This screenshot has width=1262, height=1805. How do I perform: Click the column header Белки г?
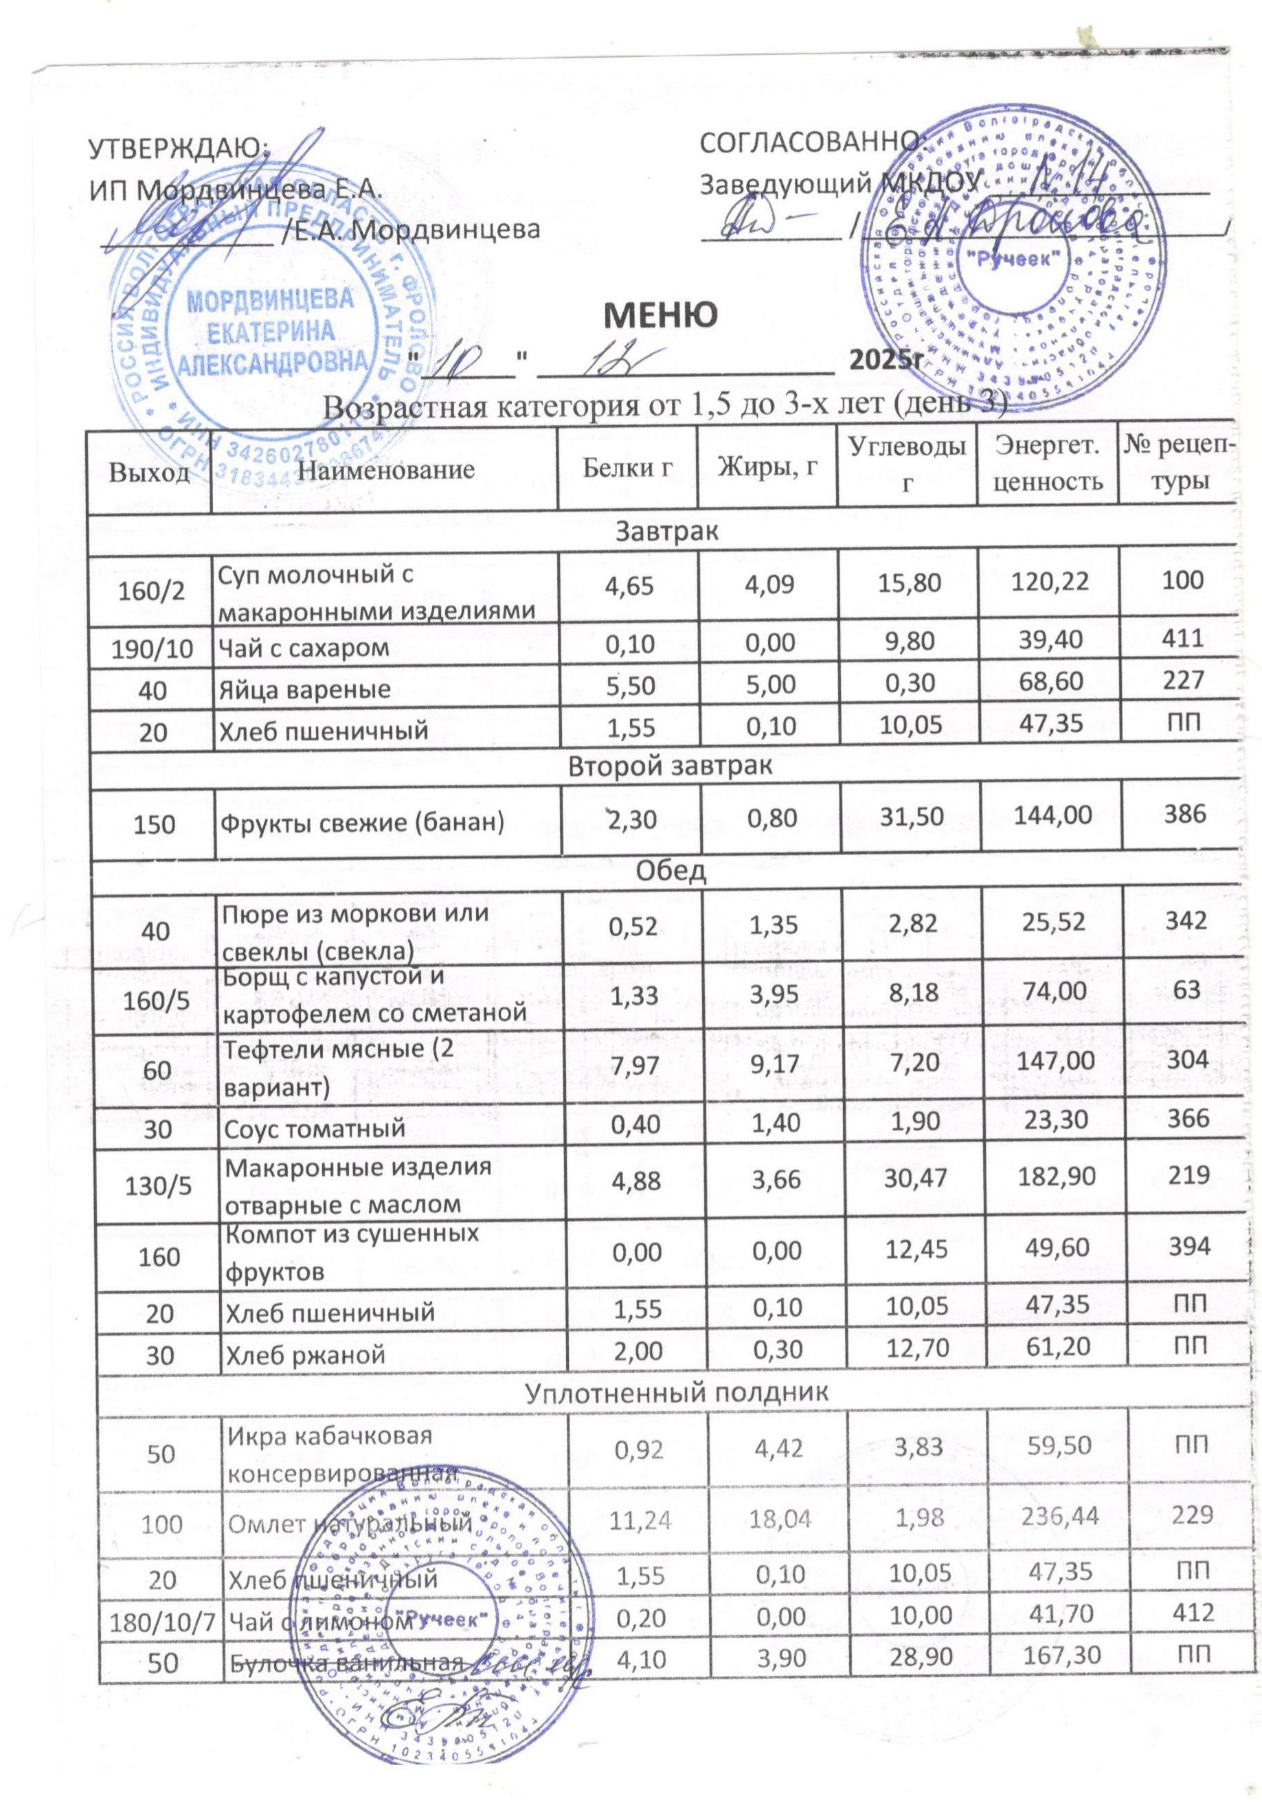627,469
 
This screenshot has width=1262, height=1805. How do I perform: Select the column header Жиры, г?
767,468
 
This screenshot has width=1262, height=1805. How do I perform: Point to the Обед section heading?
670,871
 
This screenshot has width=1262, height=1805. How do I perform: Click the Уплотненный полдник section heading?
675,1392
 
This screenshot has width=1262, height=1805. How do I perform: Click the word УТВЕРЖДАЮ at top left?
180,147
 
